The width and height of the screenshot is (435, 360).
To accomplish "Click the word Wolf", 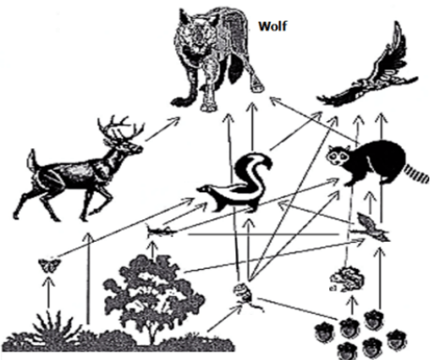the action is click(x=273, y=26).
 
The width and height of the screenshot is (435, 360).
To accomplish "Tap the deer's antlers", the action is click(x=120, y=128).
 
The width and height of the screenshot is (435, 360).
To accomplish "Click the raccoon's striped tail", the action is click(x=416, y=172).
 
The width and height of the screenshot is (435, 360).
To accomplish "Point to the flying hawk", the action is click(x=368, y=72).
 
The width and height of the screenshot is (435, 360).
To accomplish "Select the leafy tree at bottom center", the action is click(x=154, y=300).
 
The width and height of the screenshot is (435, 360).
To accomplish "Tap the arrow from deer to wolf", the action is click(x=162, y=128).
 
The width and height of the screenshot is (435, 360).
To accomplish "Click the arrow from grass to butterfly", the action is click(x=48, y=292).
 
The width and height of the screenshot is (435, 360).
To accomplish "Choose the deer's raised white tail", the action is click(x=32, y=160).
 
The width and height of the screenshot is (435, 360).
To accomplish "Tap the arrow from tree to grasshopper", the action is click(x=153, y=248).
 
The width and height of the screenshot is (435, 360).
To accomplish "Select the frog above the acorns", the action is click(x=348, y=279).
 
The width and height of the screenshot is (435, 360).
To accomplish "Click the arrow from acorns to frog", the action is click(x=352, y=307).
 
